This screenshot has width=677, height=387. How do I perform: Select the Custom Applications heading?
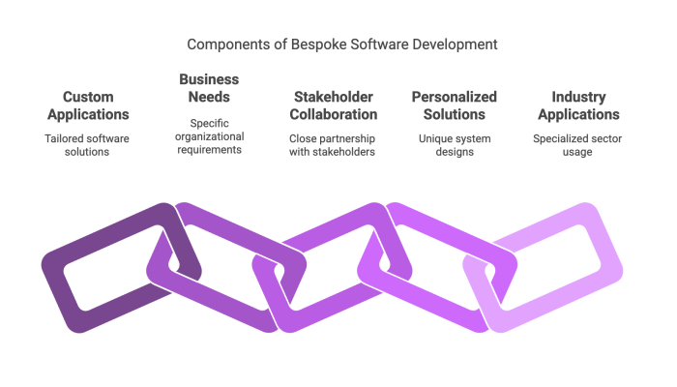point(88,105)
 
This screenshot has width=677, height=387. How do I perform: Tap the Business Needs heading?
point(209,88)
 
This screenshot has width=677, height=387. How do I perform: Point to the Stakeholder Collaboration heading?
point(334,105)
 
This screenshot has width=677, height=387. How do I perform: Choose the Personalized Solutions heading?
point(455,105)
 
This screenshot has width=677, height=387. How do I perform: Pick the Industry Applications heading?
point(578,105)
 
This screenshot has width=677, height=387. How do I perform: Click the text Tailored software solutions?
point(87,145)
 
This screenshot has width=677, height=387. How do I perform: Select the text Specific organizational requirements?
point(210,136)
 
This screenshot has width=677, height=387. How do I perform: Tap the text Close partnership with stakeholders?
point(332,145)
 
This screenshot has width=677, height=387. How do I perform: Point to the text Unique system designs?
point(455,145)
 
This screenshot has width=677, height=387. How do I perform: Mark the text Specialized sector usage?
point(577,145)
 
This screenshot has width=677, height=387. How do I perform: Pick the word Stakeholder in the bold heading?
point(334,97)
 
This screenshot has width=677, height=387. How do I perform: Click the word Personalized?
point(455,98)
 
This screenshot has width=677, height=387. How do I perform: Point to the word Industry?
point(578,98)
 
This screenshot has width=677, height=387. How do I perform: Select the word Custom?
point(88,97)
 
